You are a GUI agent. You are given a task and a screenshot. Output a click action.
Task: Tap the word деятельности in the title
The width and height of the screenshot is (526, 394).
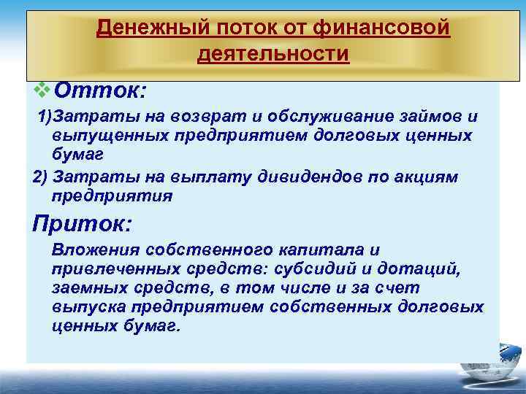point(273,54)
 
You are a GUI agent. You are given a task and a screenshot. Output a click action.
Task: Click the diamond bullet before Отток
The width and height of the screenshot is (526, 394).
point(42,91)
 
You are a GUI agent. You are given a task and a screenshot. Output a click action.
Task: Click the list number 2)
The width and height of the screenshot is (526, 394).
point(41,177)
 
